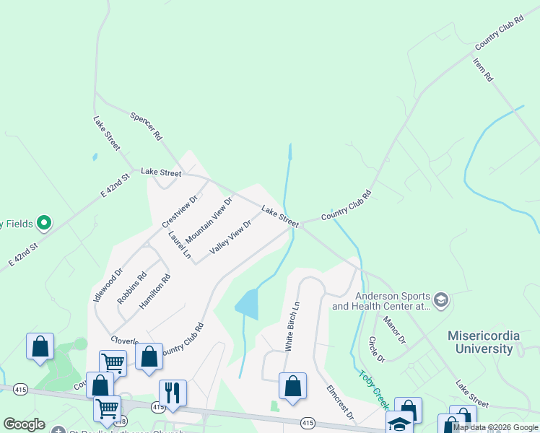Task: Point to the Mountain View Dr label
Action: coord(209,220)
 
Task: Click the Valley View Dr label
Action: coord(230,237)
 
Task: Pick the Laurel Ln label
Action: coord(179,245)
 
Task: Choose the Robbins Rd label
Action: coord(132,287)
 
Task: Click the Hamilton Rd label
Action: coord(154,292)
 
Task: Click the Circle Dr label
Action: coord(377,349)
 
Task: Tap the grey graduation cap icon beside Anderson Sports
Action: coord(441,299)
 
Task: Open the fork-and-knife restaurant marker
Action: coord(173,393)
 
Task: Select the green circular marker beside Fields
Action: coord(43,223)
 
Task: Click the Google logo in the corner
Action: coord(24,424)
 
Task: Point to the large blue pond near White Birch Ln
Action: coord(247,305)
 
